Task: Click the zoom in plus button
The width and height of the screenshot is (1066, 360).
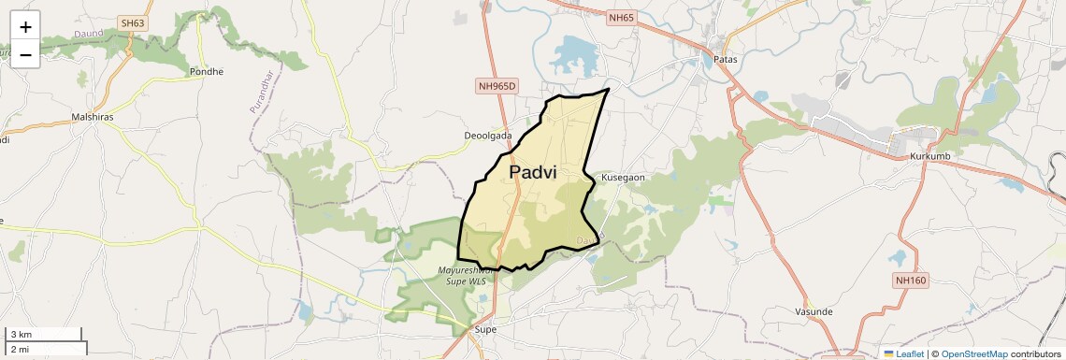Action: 25,27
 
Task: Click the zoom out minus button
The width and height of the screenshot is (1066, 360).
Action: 25,54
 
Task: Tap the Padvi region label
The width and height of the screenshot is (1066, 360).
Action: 533,173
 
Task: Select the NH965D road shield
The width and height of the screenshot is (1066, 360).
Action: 497,86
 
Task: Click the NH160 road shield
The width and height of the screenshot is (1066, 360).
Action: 909,280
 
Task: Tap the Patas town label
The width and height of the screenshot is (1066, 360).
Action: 726,59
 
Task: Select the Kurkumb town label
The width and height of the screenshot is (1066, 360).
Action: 929,156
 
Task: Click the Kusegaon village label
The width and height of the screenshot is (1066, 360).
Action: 624,177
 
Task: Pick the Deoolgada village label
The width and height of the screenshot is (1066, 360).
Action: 488,136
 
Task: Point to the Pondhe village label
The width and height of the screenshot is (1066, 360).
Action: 207,71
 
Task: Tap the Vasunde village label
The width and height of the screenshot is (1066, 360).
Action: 813,311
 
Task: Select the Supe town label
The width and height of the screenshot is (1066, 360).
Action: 485,329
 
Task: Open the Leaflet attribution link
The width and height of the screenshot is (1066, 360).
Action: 903,353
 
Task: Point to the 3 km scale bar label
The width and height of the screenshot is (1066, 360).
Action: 21,335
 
